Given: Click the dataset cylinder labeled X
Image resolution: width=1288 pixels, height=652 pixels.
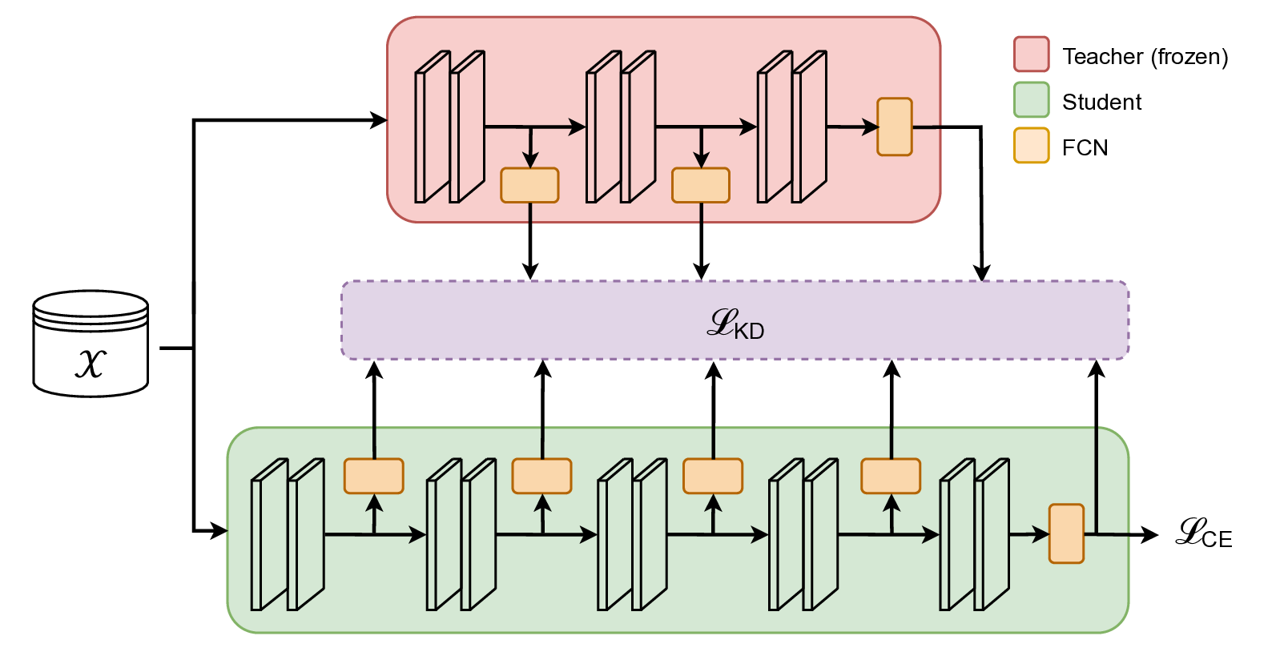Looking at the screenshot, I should (91, 344).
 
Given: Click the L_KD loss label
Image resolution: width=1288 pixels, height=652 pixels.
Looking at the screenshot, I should (735, 323).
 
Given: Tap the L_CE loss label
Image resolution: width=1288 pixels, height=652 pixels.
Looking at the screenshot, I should (1203, 533).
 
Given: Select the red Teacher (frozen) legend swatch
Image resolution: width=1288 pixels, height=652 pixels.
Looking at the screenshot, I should (1031, 54).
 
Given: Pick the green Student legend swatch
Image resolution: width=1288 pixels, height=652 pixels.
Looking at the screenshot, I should (1031, 100).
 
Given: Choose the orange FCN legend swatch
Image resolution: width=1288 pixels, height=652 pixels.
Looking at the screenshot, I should (1031, 146).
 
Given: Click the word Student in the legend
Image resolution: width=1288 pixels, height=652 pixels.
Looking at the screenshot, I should (1101, 103).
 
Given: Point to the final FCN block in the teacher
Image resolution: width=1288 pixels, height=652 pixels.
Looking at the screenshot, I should (895, 127).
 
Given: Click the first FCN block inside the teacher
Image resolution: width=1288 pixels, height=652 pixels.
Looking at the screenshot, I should (529, 185).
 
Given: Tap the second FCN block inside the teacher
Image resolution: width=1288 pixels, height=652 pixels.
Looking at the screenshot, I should (701, 185).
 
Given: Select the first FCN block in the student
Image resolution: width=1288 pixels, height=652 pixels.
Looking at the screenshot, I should (374, 476).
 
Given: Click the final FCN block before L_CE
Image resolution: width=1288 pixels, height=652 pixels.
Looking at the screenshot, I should (1066, 533).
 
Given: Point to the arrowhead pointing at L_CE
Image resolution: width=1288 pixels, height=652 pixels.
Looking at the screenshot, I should (1150, 534).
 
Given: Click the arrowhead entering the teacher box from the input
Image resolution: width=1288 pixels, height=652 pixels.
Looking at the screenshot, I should (379, 121).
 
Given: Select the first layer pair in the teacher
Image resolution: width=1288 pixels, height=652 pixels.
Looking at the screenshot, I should (449, 127).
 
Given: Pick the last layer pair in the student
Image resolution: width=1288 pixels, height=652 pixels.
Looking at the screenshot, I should (974, 534).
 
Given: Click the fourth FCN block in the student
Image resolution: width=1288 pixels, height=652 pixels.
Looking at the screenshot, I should (891, 476).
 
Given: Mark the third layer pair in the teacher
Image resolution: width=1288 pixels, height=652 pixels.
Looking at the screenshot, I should (792, 127).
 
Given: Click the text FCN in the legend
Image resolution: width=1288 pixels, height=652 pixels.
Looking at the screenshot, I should (1085, 148).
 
